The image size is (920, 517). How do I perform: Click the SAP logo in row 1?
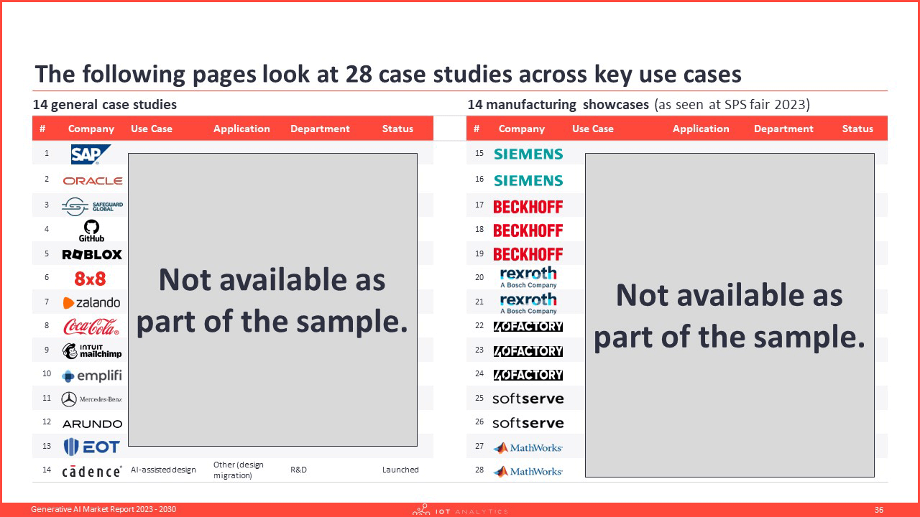[91, 154]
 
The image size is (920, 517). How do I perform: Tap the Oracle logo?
[93, 181]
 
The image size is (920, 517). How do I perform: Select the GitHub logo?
[91, 230]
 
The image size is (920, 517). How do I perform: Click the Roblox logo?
[92, 254]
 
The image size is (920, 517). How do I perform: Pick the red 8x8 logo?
[90, 279]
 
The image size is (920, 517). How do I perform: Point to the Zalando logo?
[91, 303]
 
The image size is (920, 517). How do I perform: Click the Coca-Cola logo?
[91, 327]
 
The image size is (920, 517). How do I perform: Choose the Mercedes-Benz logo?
[91, 399]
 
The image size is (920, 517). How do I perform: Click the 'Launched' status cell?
[400, 470]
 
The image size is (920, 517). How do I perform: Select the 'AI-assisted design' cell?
[163, 470]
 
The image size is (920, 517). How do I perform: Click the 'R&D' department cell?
[298, 470]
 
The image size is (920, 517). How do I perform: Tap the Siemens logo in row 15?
[528, 154]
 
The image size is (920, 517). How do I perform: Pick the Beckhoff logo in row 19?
[528, 254]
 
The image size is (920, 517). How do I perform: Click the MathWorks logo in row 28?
[528, 472]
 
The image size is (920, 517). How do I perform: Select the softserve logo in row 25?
[528, 399]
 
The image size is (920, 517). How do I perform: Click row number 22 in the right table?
[479, 325]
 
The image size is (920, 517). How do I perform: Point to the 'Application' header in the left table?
[241, 129]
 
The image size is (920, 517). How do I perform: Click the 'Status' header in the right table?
[857, 129]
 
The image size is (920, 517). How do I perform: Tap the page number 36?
[879, 510]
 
